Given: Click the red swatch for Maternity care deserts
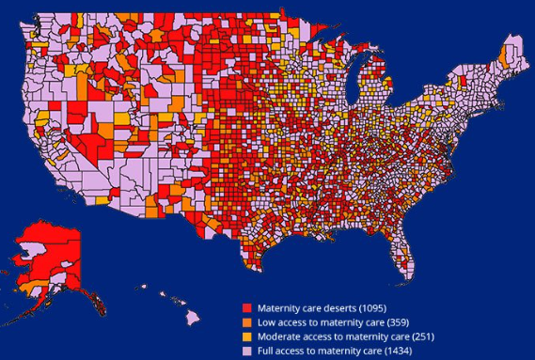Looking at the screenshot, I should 247,307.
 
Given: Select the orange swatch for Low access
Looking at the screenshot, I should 247,321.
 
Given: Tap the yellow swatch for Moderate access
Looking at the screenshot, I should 247,336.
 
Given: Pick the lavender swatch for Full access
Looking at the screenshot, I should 247,350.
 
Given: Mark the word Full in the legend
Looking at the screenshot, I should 267,350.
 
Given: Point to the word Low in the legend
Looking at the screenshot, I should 267,321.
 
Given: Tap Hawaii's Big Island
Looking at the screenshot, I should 195,317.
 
